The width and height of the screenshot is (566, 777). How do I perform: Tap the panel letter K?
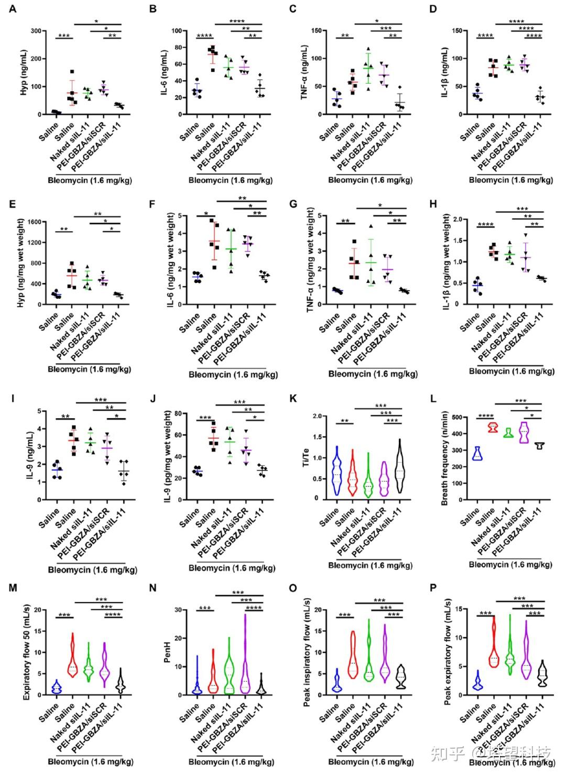point(293,399)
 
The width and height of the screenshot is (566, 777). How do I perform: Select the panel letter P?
point(433,587)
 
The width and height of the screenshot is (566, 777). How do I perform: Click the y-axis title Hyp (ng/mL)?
point(24,72)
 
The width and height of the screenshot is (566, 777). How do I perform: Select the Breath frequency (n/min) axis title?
point(444,458)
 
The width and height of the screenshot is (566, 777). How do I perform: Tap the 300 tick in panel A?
point(36,31)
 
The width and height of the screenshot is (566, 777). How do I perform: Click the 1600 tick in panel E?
point(34,222)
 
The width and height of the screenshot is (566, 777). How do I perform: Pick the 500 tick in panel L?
point(458,418)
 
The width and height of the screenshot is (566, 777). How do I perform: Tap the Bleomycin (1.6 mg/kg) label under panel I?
point(85,570)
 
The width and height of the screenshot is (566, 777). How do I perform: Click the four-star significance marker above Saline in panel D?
point(485,36)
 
